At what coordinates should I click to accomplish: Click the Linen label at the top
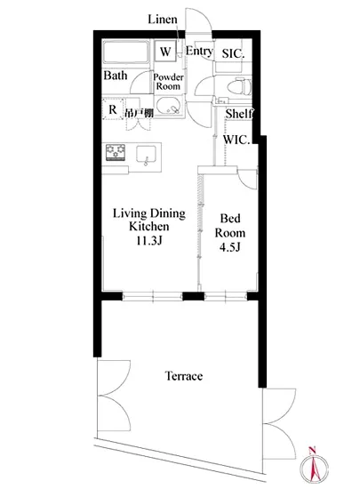coord(163,20)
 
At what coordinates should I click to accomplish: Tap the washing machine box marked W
coord(165,52)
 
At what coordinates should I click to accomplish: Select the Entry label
coord(199,51)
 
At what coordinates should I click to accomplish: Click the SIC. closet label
coord(233,53)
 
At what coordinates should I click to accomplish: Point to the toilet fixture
coord(239,86)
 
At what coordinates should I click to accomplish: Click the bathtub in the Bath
coord(126,52)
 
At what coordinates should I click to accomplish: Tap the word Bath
coord(116,76)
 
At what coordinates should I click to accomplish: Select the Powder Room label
coord(168,82)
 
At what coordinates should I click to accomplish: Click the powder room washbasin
coord(168,106)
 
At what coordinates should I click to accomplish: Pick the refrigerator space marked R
coord(113,109)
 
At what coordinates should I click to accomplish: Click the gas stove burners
coord(116,152)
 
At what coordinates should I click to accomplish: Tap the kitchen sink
coord(146,155)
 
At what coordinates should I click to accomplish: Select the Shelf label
coord(239,114)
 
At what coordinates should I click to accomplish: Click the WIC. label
coord(236,140)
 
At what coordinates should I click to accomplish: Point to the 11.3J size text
coord(149,240)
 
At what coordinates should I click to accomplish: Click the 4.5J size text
coord(229,247)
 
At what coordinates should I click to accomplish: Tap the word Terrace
coord(184,376)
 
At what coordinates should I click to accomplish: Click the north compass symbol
coord(314,466)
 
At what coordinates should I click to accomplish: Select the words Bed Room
coord(230,226)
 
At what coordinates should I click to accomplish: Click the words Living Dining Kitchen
coord(149,220)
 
